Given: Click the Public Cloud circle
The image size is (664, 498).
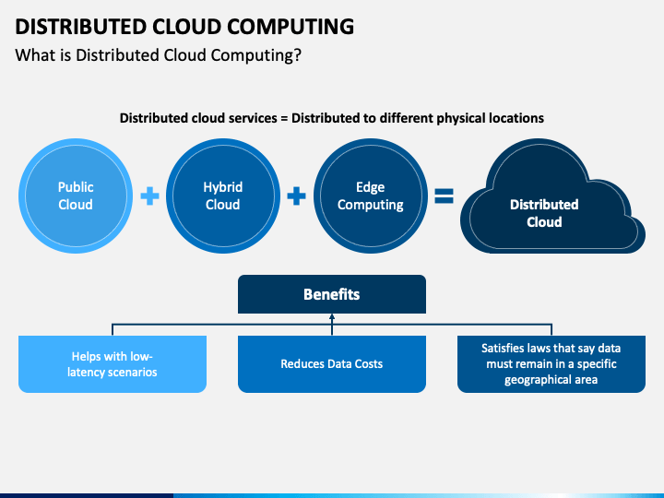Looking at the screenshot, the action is [x=76, y=196].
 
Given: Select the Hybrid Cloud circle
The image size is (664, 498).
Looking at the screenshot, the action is [x=223, y=196].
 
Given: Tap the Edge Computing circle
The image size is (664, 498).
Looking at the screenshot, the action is [x=371, y=196].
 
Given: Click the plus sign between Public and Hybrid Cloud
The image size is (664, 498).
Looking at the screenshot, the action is [x=150, y=196].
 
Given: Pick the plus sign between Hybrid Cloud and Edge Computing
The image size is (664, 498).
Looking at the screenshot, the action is [x=296, y=196].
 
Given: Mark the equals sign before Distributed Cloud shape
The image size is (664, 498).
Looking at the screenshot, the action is [x=445, y=196].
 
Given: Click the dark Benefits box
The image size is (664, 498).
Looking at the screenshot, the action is [x=332, y=294].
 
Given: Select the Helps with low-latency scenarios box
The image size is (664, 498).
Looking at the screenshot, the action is [x=113, y=364].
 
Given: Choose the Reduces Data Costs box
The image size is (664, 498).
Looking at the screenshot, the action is [x=332, y=364].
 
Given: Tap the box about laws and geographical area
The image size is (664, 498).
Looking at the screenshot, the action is [x=551, y=364].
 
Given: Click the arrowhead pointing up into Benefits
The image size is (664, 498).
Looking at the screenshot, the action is [x=332, y=316].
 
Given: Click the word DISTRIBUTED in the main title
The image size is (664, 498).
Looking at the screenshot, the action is [x=80, y=27].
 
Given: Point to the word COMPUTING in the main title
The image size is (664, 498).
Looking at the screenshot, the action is [x=290, y=27].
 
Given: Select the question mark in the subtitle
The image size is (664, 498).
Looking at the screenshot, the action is [x=297, y=55].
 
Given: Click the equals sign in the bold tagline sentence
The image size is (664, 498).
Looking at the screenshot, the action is [x=284, y=118].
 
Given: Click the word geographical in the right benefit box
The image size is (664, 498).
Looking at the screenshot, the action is [x=533, y=380].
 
